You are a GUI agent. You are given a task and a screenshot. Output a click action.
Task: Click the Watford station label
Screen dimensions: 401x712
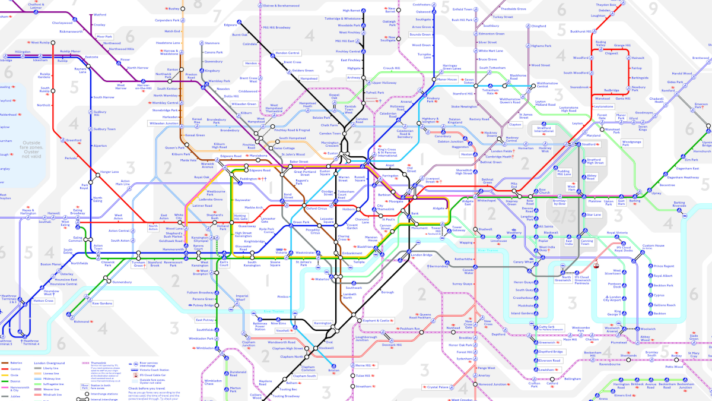pyautogui.click(x=100, y=14)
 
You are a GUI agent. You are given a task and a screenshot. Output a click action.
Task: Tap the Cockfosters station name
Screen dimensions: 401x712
pyautogui.click(x=421, y=4)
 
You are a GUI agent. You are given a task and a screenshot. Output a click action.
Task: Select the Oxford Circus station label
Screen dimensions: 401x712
pyautogui.click(x=316, y=209)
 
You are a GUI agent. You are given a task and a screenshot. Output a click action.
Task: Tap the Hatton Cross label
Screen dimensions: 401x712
pyautogui.click(x=43, y=301)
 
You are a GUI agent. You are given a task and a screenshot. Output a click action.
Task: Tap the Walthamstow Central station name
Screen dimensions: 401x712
pyautogui.click(x=535, y=86)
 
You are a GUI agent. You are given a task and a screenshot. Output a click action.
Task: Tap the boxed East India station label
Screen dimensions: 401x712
pyautogui.click(x=569, y=242)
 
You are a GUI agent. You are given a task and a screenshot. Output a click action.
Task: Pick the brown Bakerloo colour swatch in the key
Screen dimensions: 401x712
pyautogui.click(x=5, y=362)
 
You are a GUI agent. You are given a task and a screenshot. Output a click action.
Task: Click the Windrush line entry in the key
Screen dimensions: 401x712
pyautogui.click(x=53, y=394)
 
